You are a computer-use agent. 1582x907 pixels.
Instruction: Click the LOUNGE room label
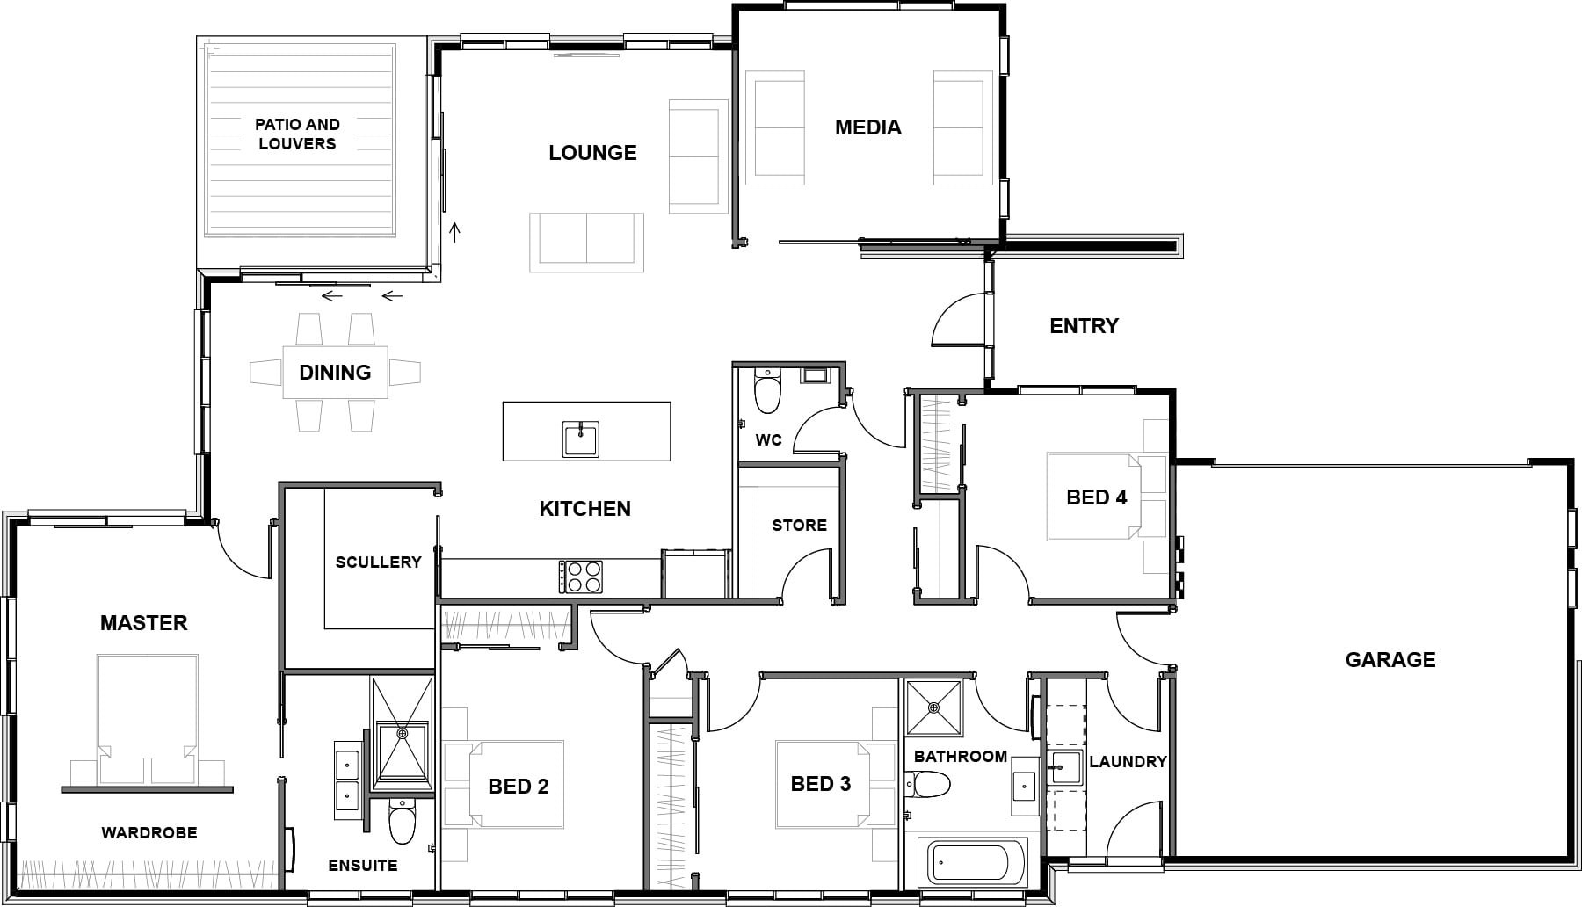[592, 153]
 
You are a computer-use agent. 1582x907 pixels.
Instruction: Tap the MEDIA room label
[867, 127]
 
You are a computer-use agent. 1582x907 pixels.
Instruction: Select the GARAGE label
[1390, 659]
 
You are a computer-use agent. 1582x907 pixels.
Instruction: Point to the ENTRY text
[1084, 326]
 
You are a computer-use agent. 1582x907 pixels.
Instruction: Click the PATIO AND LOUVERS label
[297, 134]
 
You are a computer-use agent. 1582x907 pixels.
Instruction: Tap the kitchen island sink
[581, 439]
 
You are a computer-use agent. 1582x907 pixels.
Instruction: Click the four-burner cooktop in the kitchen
[581, 577]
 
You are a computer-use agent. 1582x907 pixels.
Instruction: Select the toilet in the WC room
[767, 392]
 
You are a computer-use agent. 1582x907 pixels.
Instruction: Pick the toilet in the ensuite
[402, 822]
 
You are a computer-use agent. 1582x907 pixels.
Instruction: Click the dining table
[335, 373]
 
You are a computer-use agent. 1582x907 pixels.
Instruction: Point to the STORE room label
[799, 526]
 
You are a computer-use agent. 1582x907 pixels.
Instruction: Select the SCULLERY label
[378, 562]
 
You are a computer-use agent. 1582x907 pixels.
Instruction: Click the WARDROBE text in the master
[149, 832]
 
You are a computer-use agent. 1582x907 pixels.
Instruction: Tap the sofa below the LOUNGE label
[586, 240]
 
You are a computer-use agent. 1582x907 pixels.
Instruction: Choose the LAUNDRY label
[1128, 761]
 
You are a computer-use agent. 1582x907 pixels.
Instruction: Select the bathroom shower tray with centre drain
[933, 708]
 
